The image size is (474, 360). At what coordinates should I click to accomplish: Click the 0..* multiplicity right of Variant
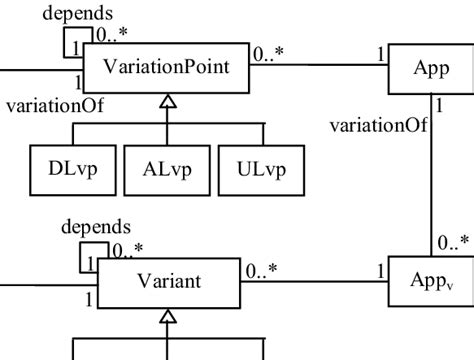click(x=261, y=268)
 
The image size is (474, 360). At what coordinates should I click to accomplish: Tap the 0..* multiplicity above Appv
click(x=453, y=242)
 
